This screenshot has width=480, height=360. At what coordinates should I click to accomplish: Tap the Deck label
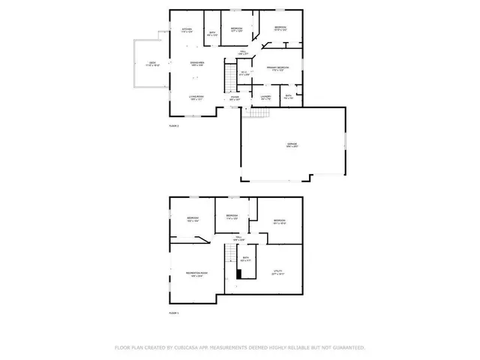click(152, 64)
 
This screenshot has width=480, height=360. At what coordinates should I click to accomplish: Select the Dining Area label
click(197, 64)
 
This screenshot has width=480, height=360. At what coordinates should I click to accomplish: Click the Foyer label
click(235, 97)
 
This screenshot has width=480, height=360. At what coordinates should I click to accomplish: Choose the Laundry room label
click(265, 97)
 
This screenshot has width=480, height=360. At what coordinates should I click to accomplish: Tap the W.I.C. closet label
click(244, 73)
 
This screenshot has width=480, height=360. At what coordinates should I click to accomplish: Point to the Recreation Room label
click(197, 274)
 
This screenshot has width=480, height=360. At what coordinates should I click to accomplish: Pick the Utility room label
click(277, 274)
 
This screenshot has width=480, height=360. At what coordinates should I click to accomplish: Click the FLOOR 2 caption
click(174, 125)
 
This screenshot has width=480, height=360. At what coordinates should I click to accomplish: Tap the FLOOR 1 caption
click(174, 311)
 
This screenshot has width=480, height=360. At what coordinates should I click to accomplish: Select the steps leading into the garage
click(258, 113)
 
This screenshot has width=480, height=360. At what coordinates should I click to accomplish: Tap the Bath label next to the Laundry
click(289, 97)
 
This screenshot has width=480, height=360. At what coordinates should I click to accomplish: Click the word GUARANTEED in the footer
click(347, 347)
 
